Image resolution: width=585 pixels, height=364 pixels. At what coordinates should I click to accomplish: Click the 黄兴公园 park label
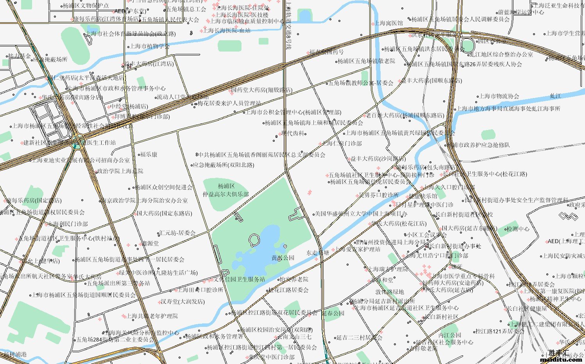coord(283,258)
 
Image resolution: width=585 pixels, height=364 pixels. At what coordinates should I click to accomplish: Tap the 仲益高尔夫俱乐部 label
coord(226,190)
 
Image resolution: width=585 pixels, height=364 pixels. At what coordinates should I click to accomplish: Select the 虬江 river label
coord(555,96)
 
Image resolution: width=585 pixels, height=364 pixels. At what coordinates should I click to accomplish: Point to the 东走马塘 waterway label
coord(317,253)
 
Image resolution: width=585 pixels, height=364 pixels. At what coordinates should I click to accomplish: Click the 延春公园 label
coord(333,313)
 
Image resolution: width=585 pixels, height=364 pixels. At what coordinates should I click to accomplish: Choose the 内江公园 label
coord(450,335)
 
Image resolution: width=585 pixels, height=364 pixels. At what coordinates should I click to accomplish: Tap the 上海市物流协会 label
coord(499,96)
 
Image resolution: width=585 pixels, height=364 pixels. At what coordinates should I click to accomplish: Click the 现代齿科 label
coord(293,134)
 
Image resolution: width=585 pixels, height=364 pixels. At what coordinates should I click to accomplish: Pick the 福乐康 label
coord(148,155)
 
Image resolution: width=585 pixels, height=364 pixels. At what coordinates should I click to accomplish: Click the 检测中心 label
coord(518,229)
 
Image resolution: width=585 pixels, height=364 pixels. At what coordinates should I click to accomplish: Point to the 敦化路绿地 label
coord(390,292)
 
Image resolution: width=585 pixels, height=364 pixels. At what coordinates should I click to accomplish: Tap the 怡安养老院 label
coord(294,279)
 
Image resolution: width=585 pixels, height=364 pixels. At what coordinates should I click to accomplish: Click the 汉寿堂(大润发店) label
coord(182,302)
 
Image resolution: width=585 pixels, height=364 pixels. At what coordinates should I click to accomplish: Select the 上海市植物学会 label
coord(150,46)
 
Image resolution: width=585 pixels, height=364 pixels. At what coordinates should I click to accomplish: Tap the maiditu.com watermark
coord(561,359)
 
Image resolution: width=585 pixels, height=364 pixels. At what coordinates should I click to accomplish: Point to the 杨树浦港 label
coord(15,354)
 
